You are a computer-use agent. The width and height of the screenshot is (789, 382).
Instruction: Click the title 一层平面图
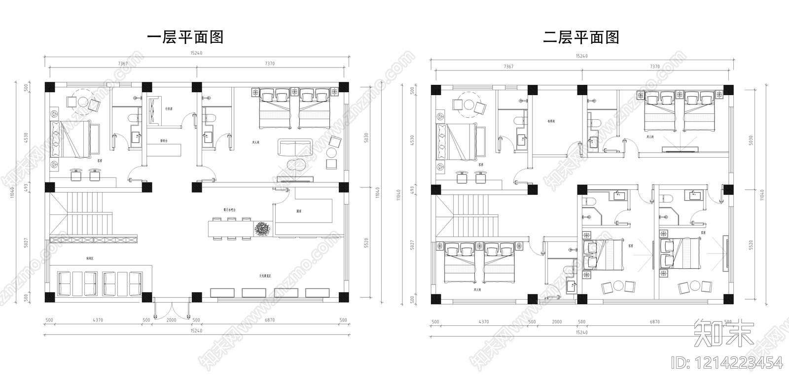(x=186, y=37)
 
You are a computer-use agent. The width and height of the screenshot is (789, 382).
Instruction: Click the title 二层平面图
(x=581, y=37)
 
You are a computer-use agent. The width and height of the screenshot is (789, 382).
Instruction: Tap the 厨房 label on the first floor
(x=299, y=210)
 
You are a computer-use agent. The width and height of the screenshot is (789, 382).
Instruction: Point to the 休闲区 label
(x=90, y=258)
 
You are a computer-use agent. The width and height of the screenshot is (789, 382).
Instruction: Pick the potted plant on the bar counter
(x=262, y=229)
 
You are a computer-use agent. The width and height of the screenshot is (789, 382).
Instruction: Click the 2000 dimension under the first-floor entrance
(x=171, y=320)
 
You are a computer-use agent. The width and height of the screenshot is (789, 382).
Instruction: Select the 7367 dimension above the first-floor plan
(x=123, y=63)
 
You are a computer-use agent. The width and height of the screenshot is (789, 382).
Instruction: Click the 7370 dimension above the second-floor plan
(x=655, y=66)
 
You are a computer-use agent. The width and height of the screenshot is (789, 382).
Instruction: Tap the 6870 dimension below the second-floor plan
(x=654, y=322)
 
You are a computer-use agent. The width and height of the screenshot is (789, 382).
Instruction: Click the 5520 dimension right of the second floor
(x=752, y=245)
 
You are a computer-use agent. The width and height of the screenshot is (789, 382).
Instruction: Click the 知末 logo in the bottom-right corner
(x=723, y=334)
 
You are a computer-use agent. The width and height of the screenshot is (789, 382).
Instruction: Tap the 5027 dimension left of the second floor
(x=412, y=244)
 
